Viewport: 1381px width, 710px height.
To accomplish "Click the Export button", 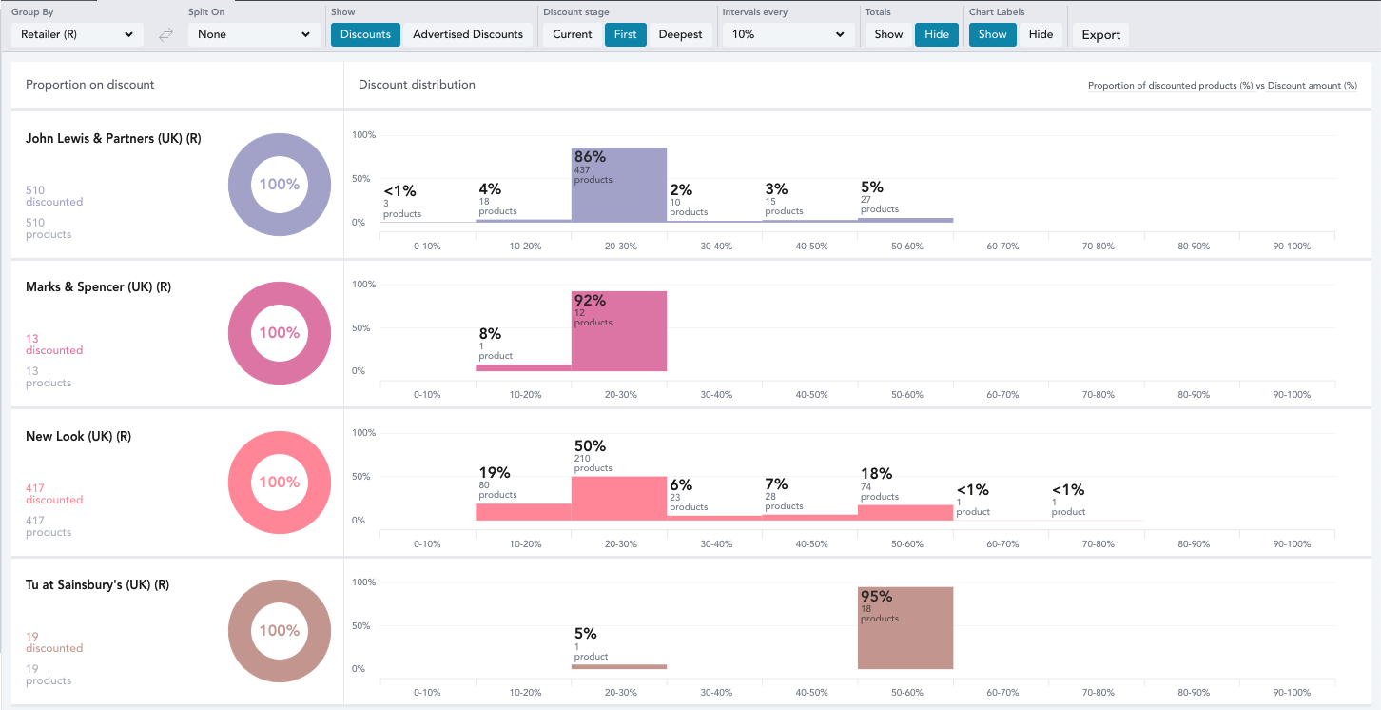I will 1100,35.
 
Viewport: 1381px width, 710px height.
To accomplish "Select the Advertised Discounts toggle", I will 468,34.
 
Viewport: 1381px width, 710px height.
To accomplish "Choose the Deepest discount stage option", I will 680,34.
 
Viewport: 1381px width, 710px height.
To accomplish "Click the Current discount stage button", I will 573,34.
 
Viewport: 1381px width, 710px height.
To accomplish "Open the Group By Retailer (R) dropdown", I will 77,34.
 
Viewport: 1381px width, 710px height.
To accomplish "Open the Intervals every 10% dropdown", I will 788,34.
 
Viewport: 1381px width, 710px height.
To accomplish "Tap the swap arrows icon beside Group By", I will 165,35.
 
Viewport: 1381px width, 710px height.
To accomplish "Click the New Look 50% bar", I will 619,500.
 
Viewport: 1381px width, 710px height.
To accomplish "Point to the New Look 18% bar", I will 904,512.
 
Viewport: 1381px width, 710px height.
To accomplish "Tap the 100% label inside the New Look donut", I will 280,482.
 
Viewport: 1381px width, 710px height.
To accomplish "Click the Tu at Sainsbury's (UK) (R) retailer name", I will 97,584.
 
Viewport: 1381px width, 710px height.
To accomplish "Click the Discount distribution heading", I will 417,85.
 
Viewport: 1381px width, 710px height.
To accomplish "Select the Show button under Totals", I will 888,34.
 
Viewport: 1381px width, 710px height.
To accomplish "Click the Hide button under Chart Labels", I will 1041,34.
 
